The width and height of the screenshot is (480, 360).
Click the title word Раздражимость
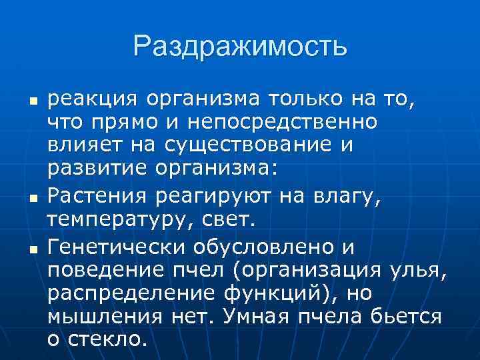pos(240,46)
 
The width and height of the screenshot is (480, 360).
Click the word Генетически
pos(114,248)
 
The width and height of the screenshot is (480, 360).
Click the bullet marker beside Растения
pos(32,199)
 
